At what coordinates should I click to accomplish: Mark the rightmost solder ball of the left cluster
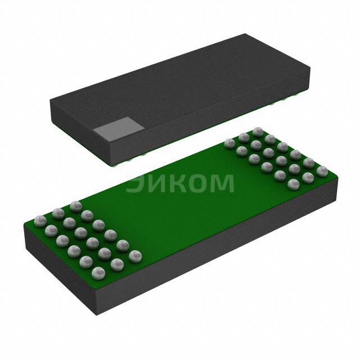click(133, 256)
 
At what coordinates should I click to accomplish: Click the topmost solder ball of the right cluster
click(258, 132)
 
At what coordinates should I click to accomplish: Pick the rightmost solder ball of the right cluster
click(322, 170)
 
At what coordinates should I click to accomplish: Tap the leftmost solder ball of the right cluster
click(229, 143)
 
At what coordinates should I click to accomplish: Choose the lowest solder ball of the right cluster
click(292, 184)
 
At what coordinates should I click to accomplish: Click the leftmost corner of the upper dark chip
click(50, 101)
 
